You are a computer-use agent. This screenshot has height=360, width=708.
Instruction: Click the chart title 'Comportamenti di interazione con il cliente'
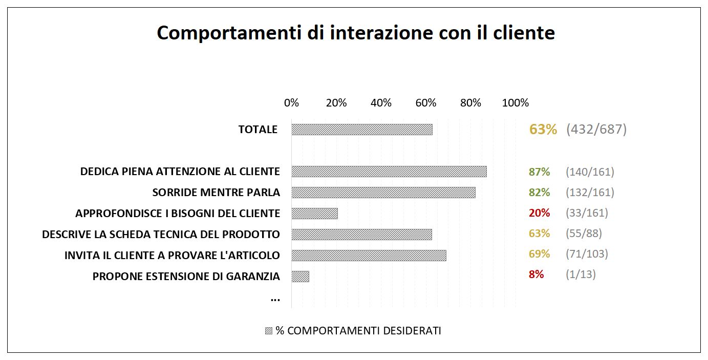pyautogui.click(x=356, y=33)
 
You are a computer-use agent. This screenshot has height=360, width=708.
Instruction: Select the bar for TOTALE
pyautogui.click(x=362, y=130)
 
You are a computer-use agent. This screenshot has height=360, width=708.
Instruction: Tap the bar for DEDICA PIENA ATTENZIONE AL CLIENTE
pyautogui.click(x=389, y=172)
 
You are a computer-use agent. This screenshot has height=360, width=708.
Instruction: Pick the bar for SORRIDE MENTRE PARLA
pyautogui.click(x=383, y=193)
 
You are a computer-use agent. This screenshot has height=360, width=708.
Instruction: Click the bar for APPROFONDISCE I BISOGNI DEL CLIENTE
pyautogui.click(x=314, y=214)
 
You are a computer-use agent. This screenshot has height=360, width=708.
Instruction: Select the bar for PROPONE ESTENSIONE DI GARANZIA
pyautogui.click(x=301, y=277)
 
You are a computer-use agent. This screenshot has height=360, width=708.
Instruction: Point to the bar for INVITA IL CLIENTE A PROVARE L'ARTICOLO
pyautogui.click(x=369, y=255)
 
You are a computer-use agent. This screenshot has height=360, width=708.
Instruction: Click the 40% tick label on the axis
pyautogui.click(x=381, y=103)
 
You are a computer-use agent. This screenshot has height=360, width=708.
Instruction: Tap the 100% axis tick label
pyautogui.click(x=515, y=103)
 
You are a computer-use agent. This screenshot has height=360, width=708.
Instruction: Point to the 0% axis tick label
pyautogui.click(x=291, y=103)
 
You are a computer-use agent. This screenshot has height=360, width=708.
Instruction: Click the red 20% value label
pyautogui.click(x=540, y=213)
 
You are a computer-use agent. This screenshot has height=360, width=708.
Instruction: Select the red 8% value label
pyautogui.click(x=536, y=274)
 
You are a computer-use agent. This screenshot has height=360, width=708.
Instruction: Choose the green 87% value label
pyautogui.click(x=540, y=172)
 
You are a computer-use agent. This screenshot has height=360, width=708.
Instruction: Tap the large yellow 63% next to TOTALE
pyautogui.click(x=543, y=130)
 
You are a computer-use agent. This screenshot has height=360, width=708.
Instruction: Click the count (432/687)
pyautogui.click(x=596, y=130)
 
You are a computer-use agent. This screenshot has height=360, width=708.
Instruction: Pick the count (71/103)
pyautogui.click(x=587, y=254)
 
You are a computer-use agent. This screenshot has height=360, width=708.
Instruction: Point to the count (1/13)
pyautogui.click(x=581, y=274)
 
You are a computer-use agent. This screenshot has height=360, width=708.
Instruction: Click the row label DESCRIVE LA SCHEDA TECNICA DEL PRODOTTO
pyautogui.click(x=161, y=235)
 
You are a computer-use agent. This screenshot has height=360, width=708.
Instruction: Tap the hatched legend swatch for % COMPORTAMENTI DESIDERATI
pyautogui.click(x=269, y=331)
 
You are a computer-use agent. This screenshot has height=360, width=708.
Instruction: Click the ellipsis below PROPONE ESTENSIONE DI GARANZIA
pyautogui.click(x=275, y=299)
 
